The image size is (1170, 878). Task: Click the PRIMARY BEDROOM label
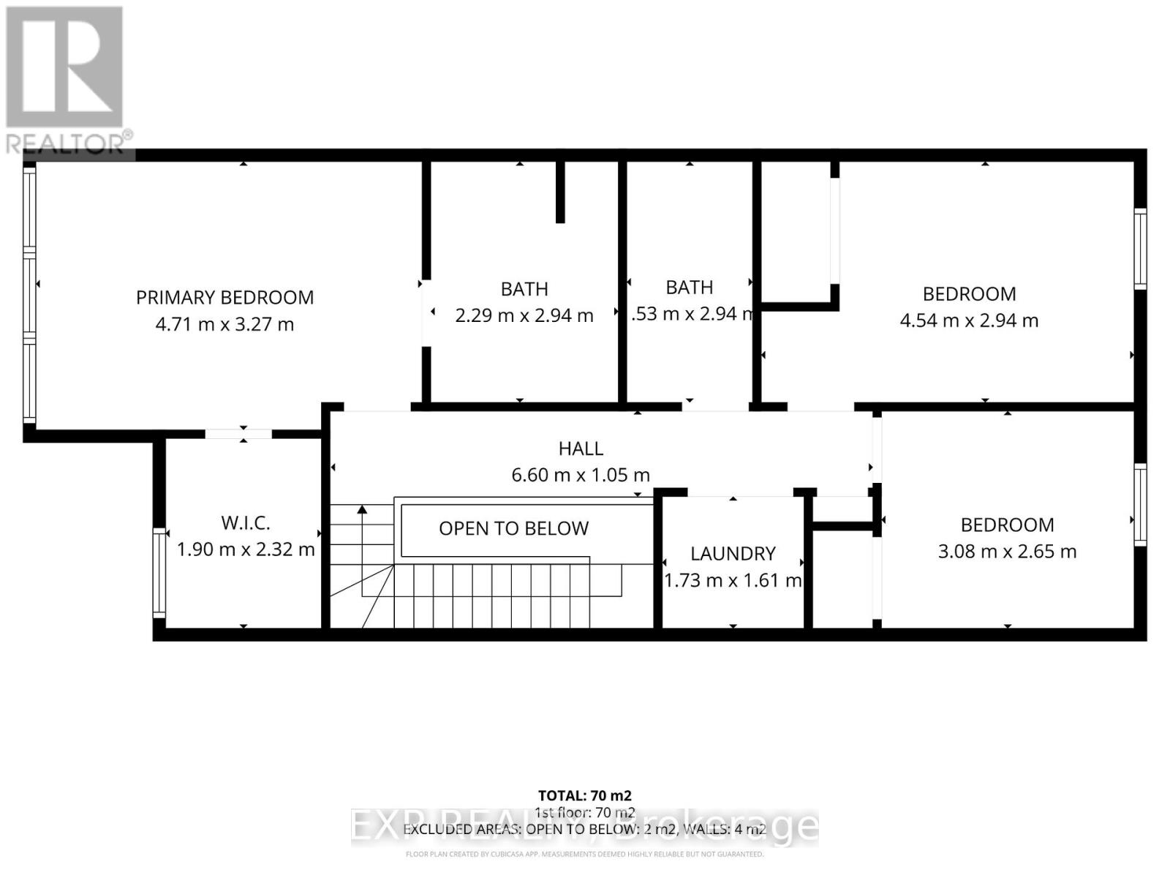[x=224, y=297]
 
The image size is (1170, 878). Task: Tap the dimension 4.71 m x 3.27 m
[x=224, y=324]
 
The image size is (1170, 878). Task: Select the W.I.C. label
[x=246, y=522]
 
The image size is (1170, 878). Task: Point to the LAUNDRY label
[x=733, y=553]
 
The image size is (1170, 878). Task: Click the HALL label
[x=581, y=449]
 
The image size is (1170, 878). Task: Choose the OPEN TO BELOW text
[x=513, y=528]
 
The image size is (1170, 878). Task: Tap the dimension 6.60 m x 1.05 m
[x=581, y=475]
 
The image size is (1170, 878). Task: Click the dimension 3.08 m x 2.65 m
[x=1007, y=551]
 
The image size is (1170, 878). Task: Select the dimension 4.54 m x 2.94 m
[x=969, y=320]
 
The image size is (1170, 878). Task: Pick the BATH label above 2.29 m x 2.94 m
[x=524, y=289]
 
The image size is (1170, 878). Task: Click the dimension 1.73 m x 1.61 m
[x=733, y=580]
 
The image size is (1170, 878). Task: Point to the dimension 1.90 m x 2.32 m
[x=246, y=549]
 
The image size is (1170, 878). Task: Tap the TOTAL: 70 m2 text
[x=584, y=795]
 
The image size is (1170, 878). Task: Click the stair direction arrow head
[x=361, y=510]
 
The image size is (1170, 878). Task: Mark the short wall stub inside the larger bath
[x=560, y=192]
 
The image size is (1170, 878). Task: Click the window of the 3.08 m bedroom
[x=1140, y=505]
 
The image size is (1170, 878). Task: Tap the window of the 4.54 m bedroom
[x=1140, y=249]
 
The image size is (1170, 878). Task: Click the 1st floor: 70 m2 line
[x=584, y=812]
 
